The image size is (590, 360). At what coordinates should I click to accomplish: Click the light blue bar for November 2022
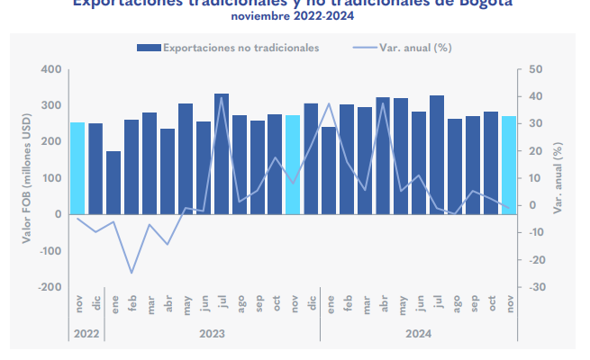point(78,168)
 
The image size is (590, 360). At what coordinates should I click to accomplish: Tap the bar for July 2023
point(222,153)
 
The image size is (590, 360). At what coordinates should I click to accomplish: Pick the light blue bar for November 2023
point(293,165)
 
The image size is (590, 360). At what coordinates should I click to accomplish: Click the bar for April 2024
point(383,155)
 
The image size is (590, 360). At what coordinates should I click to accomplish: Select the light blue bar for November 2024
point(509,166)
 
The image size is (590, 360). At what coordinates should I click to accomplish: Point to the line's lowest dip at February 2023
point(132,273)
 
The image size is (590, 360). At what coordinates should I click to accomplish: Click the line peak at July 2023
point(222,97)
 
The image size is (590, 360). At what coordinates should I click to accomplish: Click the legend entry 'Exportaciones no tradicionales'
point(228,48)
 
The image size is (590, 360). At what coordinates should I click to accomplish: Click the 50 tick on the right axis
point(536,69)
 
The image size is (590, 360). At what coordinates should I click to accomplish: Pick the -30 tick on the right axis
point(537,287)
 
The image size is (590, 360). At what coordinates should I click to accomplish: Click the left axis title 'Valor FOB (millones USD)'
point(27,178)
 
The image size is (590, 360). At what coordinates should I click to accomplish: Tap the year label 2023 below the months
point(213,333)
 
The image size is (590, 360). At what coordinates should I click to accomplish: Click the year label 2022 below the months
point(87,333)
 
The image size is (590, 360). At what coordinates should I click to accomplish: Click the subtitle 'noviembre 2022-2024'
point(293,15)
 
